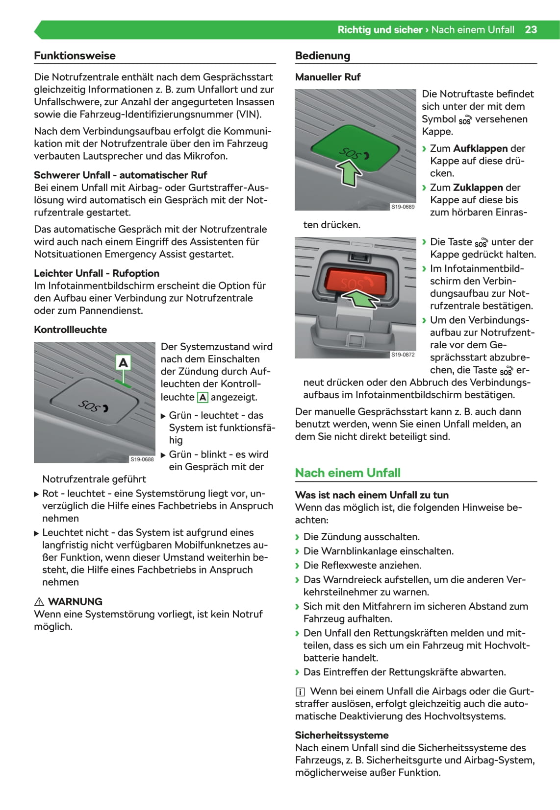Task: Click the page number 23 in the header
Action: point(531,30)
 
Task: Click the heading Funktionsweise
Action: point(75,56)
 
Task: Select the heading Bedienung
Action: point(322,56)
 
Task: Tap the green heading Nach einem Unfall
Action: point(348,473)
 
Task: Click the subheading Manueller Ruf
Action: point(328,77)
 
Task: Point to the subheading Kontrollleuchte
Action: point(70,330)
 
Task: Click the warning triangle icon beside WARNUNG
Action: point(39,602)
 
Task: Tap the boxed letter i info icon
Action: point(300,692)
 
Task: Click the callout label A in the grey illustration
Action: point(123,363)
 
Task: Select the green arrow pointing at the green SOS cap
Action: point(349,173)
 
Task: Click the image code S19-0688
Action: point(142,459)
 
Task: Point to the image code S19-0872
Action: point(403,355)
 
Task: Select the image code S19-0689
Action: point(403,207)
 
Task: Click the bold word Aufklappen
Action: point(480,148)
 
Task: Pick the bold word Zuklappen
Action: point(478,188)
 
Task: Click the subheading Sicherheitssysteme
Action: point(341,735)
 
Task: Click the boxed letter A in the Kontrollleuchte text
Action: point(202,398)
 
